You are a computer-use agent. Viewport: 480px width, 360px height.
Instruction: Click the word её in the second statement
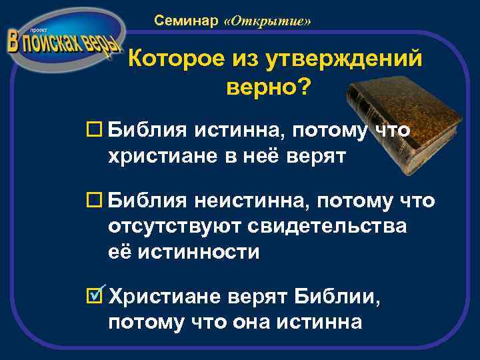[x=121, y=252]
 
